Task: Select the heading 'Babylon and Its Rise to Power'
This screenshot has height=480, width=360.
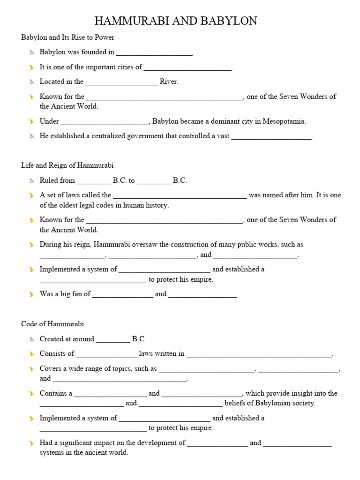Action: coord(67,37)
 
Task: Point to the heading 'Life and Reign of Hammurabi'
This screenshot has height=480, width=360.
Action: coord(67,165)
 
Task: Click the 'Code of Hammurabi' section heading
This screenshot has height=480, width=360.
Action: coord(52,324)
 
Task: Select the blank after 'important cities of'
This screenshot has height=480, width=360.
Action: coord(187,68)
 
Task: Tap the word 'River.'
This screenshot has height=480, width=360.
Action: coord(169,82)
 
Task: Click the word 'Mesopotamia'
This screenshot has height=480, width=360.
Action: coord(284,121)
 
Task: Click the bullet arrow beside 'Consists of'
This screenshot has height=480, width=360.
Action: coord(31,354)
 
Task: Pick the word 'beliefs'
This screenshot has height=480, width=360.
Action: coord(236,403)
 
